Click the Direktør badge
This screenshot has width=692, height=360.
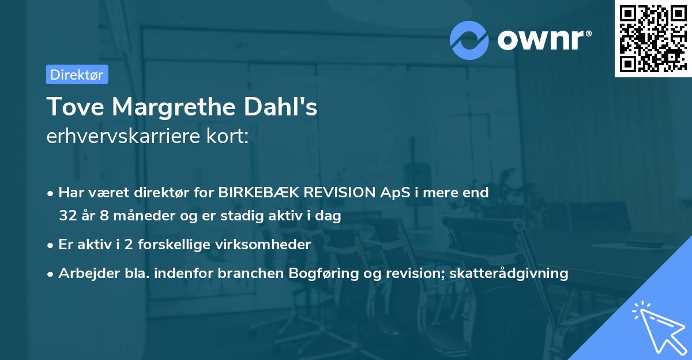(x=77, y=74)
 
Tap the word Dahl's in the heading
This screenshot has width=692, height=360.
(x=288, y=107)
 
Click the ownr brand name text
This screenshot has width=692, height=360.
(x=542, y=40)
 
